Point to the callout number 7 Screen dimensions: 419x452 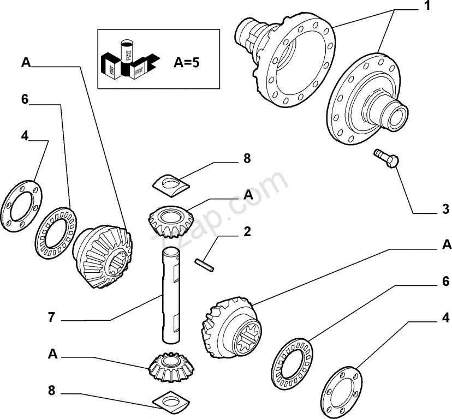(x=52, y=317)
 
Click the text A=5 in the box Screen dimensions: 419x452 (x=187, y=62)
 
